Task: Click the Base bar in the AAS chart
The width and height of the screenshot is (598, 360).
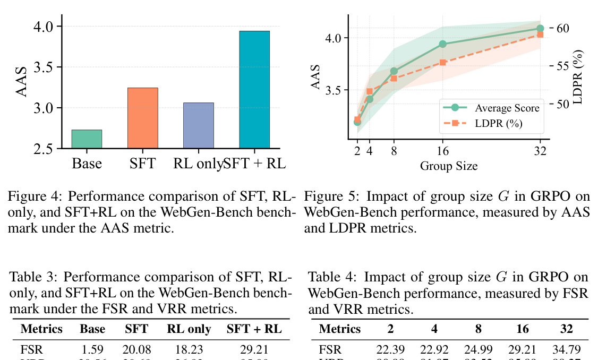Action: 87,139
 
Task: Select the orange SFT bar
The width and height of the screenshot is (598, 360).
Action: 143,118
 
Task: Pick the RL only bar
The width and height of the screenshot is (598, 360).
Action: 199,125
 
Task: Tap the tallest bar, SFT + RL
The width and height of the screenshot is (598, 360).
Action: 254,90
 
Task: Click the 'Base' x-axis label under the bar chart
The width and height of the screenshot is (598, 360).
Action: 87,164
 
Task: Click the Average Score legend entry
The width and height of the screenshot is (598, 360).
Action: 507,108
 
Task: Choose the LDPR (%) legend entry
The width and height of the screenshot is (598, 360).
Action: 498,124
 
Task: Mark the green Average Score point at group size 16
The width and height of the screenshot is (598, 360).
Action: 442,44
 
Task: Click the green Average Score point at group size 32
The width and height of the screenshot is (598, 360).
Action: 540,29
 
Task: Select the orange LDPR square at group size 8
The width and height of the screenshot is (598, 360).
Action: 394,78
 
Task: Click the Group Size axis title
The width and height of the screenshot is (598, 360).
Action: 449,166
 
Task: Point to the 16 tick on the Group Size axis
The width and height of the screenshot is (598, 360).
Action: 442,151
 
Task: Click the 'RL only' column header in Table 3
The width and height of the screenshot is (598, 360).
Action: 189,329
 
